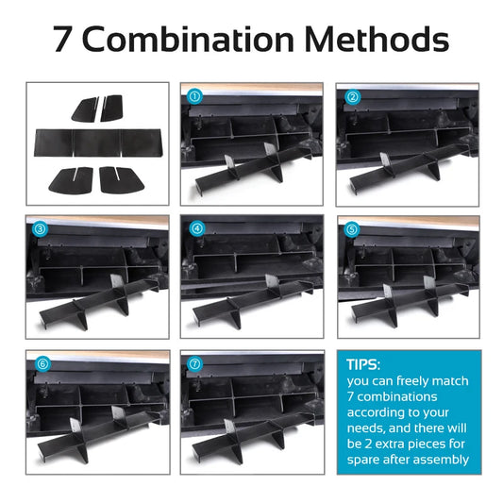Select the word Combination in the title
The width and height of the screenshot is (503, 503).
pos(200,41)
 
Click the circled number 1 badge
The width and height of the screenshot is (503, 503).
pos(195,95)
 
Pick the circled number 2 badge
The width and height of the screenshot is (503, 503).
pos(352,95)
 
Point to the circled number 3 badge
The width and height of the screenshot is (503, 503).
pos(40,228)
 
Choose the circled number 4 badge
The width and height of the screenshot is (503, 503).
pos(195,228)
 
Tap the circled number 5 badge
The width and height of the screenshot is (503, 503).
pos(352,228)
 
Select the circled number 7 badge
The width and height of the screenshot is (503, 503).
pos(195,363)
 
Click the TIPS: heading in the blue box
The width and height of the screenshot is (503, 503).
pos(364,364)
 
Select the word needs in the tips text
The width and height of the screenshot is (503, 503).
pos(368,428)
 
